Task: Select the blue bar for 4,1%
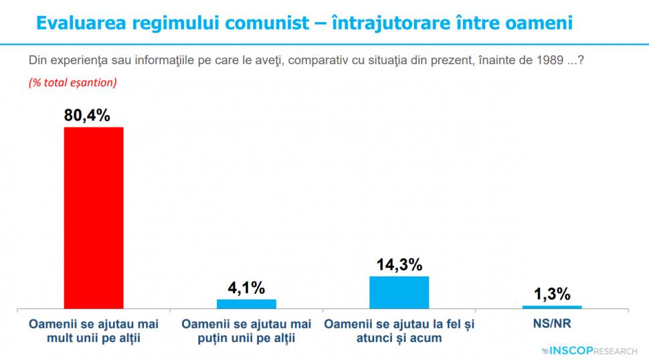246,304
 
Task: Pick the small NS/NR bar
552,307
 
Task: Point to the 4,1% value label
246,288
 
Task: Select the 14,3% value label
399,265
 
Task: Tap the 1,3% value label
552,294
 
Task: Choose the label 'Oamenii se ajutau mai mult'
94,331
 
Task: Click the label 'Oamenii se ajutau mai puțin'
246,331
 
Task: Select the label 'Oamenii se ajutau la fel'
399,331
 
